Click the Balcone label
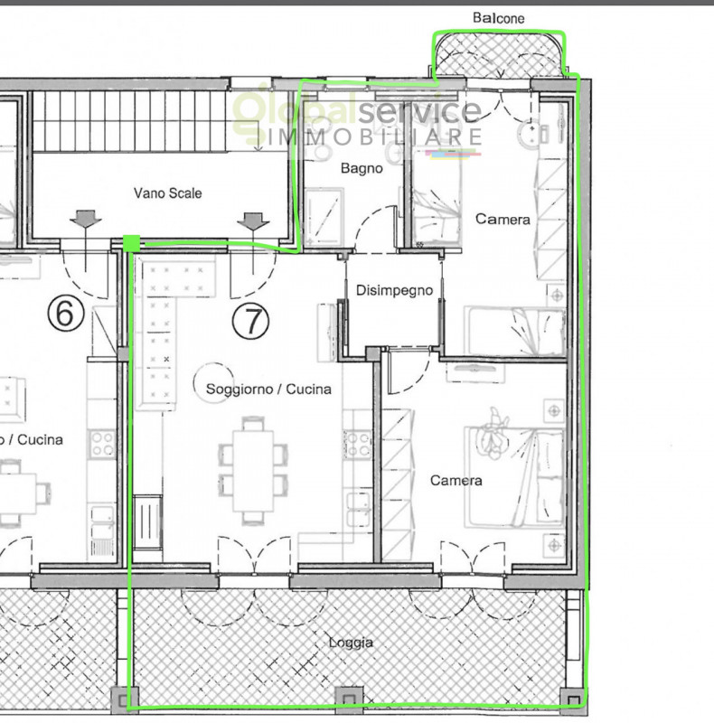click(x=499, y=18)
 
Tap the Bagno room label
click(x=362, y=169)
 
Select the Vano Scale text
click(x=167, y=192)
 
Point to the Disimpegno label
click(x=394, y=290)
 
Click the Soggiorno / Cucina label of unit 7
click(x=268, y=390)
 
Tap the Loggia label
click(x=351, y=643)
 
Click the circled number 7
click(x=250, y=322)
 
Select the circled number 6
click(x=66, y=314)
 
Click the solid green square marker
click(x=131, y=243)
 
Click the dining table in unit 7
click(x=253, y=471)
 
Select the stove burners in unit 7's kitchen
click(x=357, y=444)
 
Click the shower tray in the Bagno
click(x=324, y=218)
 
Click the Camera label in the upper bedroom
click(x=503, y=219)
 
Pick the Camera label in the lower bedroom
click(x=456, y=481)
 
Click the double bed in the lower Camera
click(x=515, y=477)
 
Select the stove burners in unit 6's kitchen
click(x=102, y=444)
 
